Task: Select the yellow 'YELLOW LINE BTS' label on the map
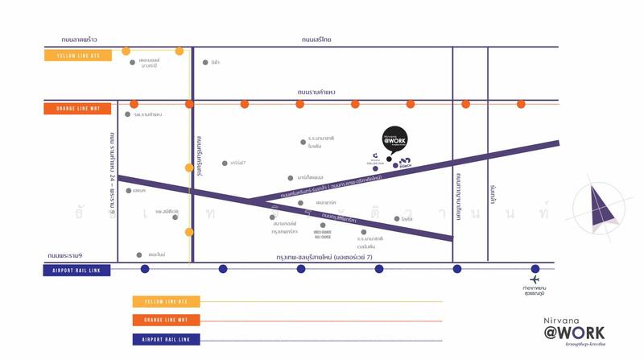point(78,56)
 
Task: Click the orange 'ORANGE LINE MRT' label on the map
point(78,108)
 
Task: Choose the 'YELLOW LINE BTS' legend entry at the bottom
point(166,302)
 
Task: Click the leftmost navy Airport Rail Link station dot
point(145,269)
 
